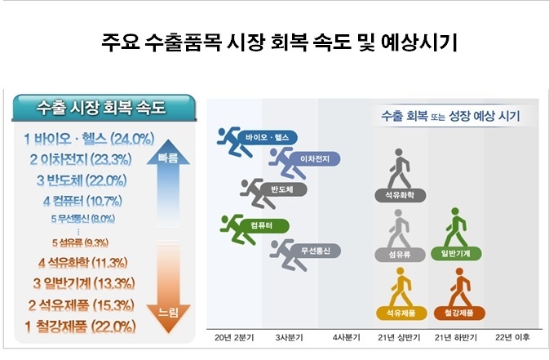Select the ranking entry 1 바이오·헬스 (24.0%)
click(89, 138)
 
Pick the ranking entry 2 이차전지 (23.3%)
click(86, 159)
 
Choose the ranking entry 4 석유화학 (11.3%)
click(82, 263)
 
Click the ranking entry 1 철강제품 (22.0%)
click(82, 327)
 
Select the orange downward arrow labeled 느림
click(167, 290)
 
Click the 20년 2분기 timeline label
click(234, 337)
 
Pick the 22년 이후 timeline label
click(512, 337)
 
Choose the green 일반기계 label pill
click(461, 254)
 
